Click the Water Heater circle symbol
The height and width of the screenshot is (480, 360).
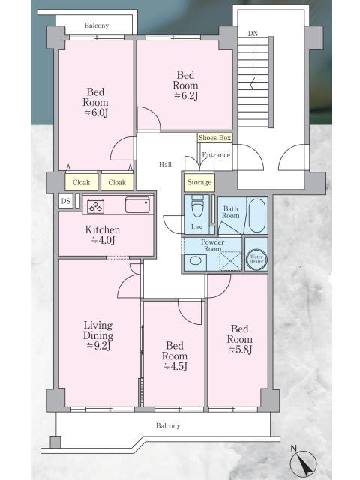[x=256, y=259]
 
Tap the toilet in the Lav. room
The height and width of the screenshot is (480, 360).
[x=197, y=208]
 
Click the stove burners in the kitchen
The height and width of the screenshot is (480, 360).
[x=95, y=205]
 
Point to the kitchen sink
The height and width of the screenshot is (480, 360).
[x=137, y=204]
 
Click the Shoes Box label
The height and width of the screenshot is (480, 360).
[x=214, y=138]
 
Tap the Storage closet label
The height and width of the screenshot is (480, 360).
[x=199, y=182]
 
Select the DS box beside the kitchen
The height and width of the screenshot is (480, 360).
[x=66, y=201]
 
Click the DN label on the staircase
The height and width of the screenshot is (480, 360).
[x=253, y=33]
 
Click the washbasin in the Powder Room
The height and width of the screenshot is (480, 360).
[x=196, y=261]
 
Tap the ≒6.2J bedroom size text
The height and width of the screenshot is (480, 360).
[x=186, y=96]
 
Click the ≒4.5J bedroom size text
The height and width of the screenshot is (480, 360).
[x=175, y=366]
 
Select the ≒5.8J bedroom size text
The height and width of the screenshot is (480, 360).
[x=240, y=349]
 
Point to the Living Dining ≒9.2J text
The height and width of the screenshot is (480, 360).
[x=98, y=335]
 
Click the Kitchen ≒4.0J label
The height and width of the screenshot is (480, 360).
[x=103, y=235]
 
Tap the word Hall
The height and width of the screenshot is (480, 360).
[x=165, y=165]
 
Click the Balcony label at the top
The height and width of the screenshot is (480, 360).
[x=97, y=25]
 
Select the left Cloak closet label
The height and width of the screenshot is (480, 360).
[x=82, y=182]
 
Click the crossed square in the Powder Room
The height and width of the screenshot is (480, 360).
[x=231, y=261]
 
